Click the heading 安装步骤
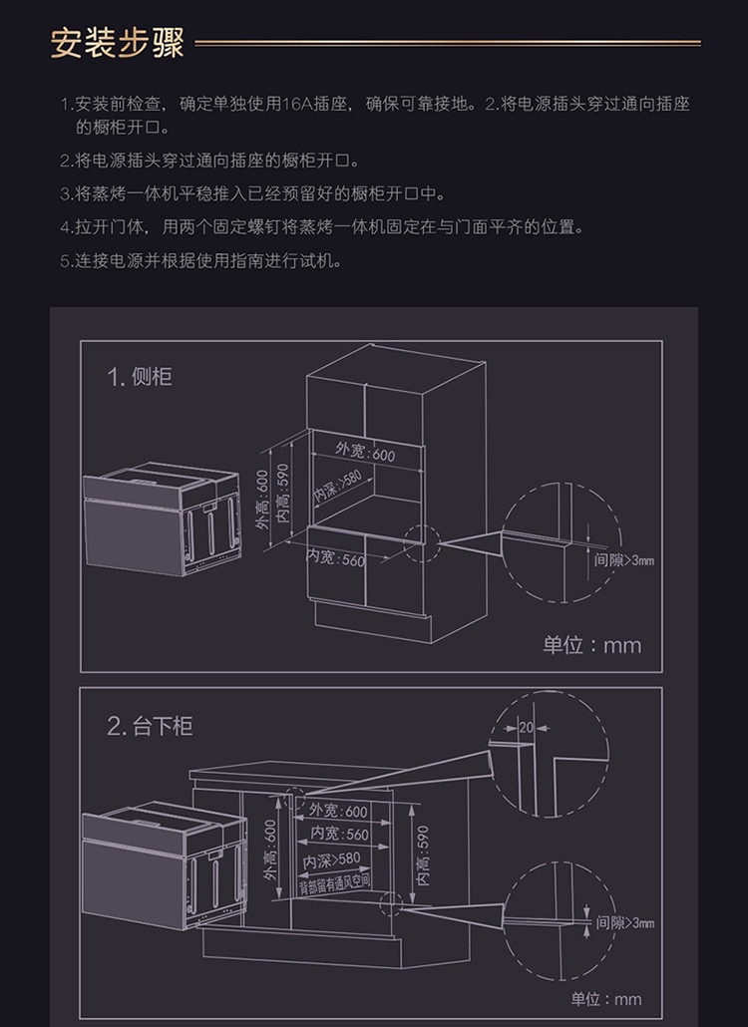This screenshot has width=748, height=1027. [x=117, y=44]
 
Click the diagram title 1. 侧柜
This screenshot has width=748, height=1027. [x=140, y=376]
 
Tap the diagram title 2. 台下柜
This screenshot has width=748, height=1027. [x=150, y=725]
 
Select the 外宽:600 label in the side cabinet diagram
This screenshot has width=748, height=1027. [x=365, y=453]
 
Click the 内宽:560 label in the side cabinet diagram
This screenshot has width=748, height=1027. [x=335, y=558]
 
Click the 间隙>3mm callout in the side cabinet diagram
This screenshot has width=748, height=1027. [x=624, y=559]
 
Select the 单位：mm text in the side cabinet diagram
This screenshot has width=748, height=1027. [x=591, y=645]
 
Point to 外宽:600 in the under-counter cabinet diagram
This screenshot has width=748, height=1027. [x=339, y=812]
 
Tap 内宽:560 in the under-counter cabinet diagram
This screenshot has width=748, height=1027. [x=339, y=835]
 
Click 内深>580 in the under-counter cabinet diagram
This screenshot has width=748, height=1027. [x=332, y=858]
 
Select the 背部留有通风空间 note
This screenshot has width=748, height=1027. [x=334, y=881]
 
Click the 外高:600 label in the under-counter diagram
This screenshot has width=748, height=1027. [x=269, y=852]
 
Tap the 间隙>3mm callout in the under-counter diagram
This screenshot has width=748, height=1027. [x=625, y=923]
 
